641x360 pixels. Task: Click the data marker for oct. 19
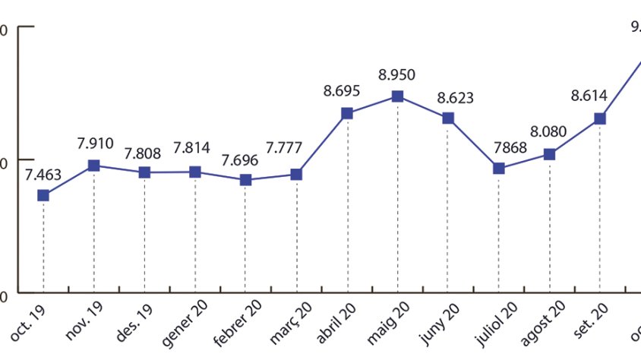pos(43,195)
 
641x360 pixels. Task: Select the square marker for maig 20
pos(397,96)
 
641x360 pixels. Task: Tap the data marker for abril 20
pos(347,113)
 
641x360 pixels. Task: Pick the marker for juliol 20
pos(499,168)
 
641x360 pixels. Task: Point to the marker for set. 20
pos(600,118)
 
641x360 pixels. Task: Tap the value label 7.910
pos(95,143)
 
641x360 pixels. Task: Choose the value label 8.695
pos(342,91)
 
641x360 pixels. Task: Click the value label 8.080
pos(548,132)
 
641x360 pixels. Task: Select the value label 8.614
pos(590,96)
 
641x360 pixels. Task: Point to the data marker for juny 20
pos(448,118)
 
